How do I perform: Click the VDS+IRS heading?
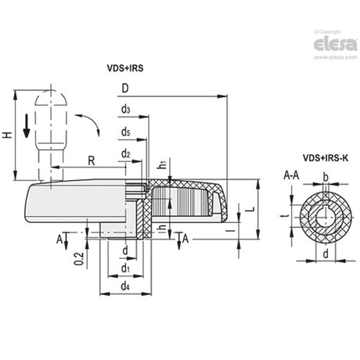click(x=125, y=68)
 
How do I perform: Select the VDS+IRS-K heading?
click(x=326, y=158)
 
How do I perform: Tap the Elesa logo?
click(x=336, y=45)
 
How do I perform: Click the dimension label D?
click(x=125, y=88)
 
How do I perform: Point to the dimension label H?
click(x=8, y=135)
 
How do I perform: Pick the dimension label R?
click(x=92, y=161)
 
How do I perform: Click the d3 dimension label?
click(x=126, y=110)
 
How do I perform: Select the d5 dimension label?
click(x=126, y=132)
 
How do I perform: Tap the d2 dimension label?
click(x=126, y=154)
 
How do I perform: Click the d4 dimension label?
click(x=125, y=286)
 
